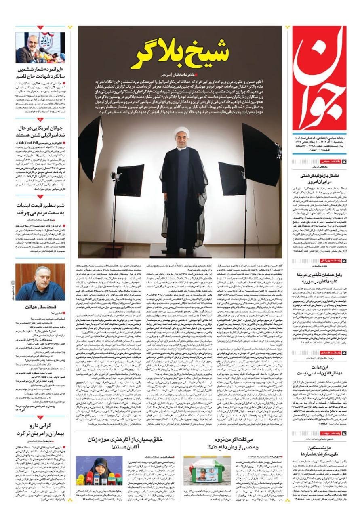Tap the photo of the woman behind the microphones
point(99,470)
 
